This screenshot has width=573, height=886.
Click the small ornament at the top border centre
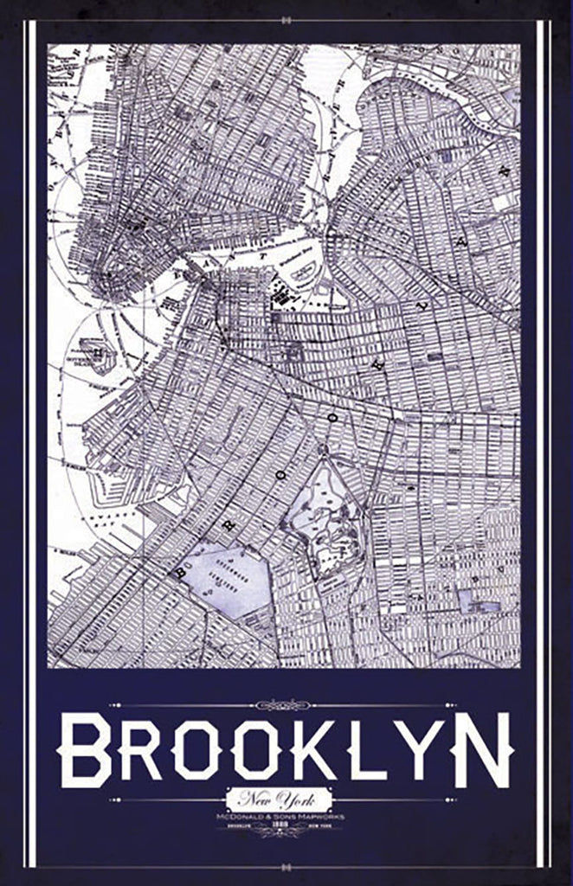click(x=286, y=16)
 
